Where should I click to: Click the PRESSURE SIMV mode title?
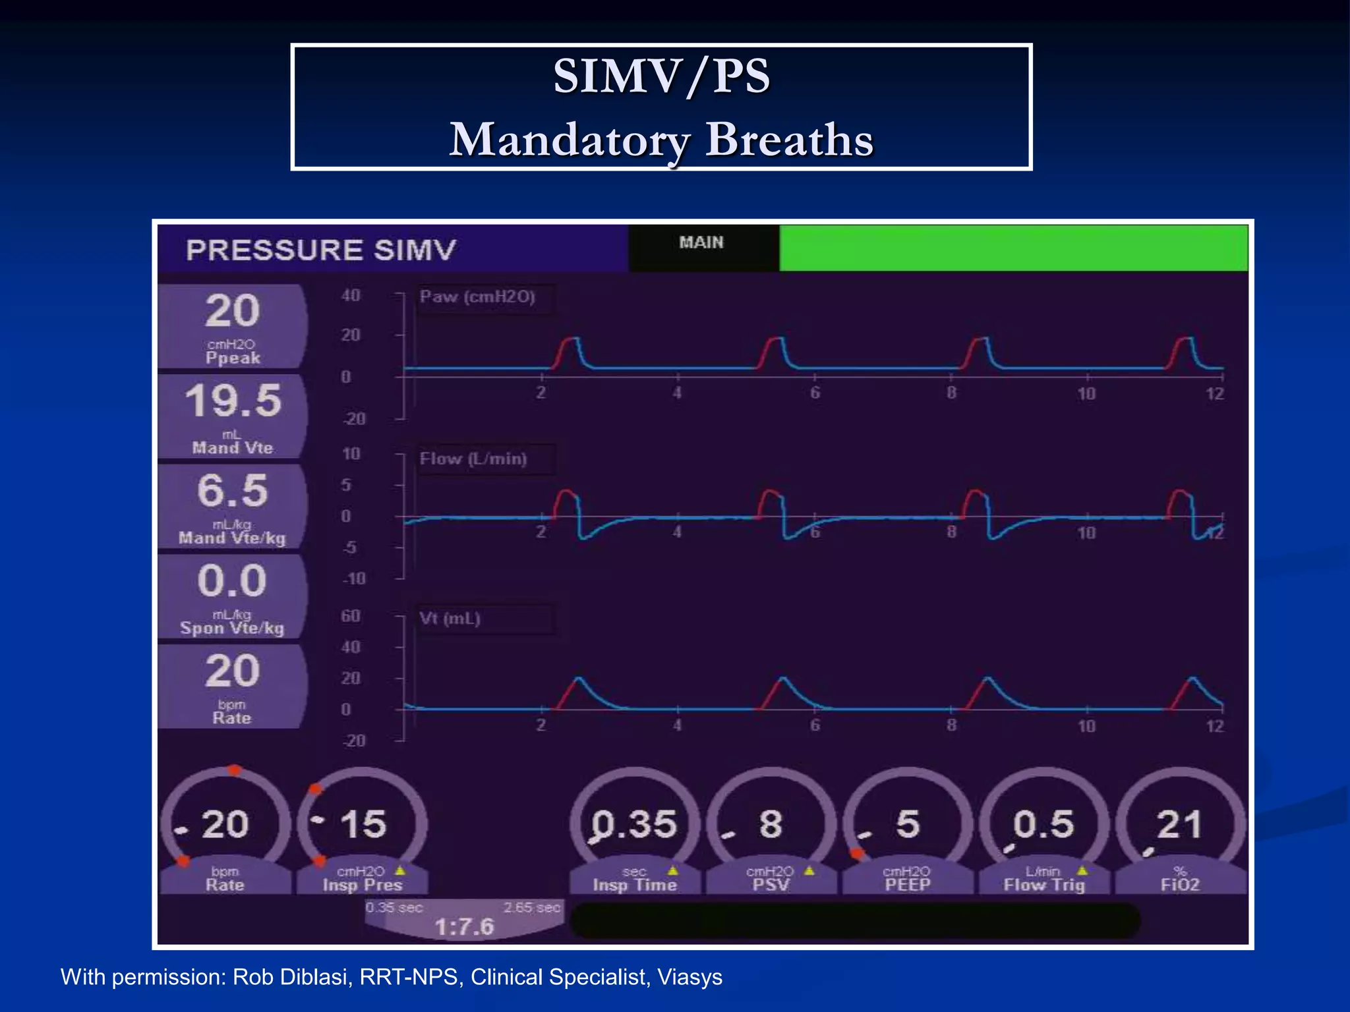point(320,250)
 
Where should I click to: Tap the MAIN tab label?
point(701,242)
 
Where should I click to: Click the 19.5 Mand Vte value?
point(233,401)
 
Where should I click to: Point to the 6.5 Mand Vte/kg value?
point(232,491)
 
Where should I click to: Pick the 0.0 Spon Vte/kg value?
point(232,580)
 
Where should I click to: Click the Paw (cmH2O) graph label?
point(477,296)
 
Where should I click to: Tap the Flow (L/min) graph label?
point(473,459)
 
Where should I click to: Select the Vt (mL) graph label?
point(450,619)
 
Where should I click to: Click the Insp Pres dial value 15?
point(363,824)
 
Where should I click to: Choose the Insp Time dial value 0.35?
point(634,824)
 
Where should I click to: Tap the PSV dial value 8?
point(771,824)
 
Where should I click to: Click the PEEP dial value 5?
point(908,824)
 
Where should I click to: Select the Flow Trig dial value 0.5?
point(1043,824)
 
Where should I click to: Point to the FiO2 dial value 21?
point(1179,824)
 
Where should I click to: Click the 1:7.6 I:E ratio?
point(464,927)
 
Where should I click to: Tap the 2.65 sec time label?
point(532,907)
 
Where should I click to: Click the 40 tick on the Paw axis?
point(351,295)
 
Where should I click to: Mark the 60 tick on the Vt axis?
point(351,615)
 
